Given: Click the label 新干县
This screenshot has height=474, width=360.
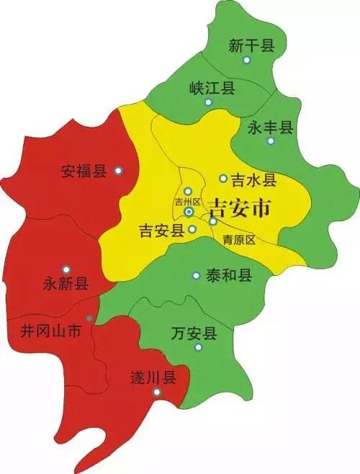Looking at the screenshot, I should click(x=252, y=47).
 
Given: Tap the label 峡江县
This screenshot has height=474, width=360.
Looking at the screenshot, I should click(x=212, y=88).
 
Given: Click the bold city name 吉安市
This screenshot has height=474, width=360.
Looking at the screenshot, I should click(x=239, y=209).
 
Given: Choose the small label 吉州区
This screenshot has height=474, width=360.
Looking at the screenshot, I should click(x=186, y=202).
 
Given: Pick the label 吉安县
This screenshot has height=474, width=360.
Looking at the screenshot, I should click(x=161, y=231).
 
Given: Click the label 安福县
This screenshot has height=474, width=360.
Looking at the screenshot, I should click(x=84, y=171).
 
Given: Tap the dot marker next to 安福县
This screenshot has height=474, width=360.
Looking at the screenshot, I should click(x=119, y=171).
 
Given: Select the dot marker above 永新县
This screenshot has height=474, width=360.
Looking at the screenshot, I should click(x=66, y=268).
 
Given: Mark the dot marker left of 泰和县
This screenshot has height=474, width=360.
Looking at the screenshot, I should click(x=196, y=275).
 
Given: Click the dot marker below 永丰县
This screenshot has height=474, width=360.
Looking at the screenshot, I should click(x=271, y=141).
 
